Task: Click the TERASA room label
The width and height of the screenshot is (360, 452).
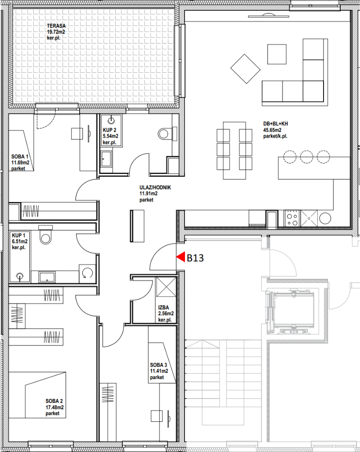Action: [x=56, y=26]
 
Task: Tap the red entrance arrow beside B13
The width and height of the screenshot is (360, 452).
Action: [x=180, y=257]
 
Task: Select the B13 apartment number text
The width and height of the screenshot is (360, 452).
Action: [x=195, y=258]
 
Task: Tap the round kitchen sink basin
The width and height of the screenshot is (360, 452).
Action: [x=325, y=218]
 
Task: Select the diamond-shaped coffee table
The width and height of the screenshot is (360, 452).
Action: [x=246, y=69]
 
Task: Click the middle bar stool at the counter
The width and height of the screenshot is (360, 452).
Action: [x=306, y=157]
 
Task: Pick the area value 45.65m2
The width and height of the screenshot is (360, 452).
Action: [x=272, y=130]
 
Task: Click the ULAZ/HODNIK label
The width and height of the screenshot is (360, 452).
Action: [x=155, y=188]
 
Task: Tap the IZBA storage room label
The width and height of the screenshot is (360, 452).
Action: [x=163, y=308]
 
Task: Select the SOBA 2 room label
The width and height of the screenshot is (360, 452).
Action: [x=54, y=401]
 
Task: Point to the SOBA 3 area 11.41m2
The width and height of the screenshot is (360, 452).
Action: [x=159, y=371]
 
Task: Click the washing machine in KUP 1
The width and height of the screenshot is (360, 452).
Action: [x=87, y=273]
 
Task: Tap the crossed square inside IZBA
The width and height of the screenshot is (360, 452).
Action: [x=166, y=286]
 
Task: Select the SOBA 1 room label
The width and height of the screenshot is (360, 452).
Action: [x=20, y=157]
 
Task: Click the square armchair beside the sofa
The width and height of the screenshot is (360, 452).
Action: [x=277, y=54]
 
